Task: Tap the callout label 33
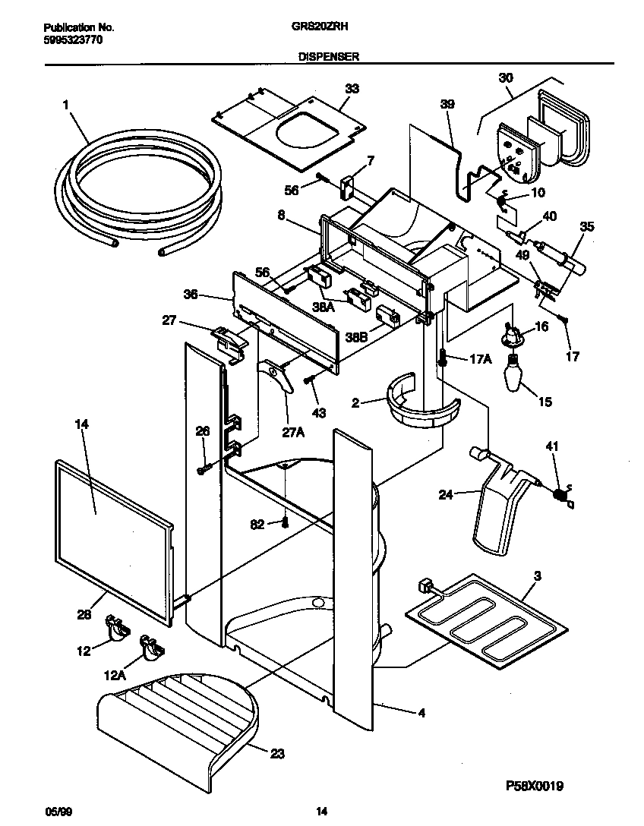coord(351,89)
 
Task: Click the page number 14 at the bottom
coord(321,812)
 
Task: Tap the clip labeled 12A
coord(151,647)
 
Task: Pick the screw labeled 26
coord(202,468)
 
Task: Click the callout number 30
coord(506,77)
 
